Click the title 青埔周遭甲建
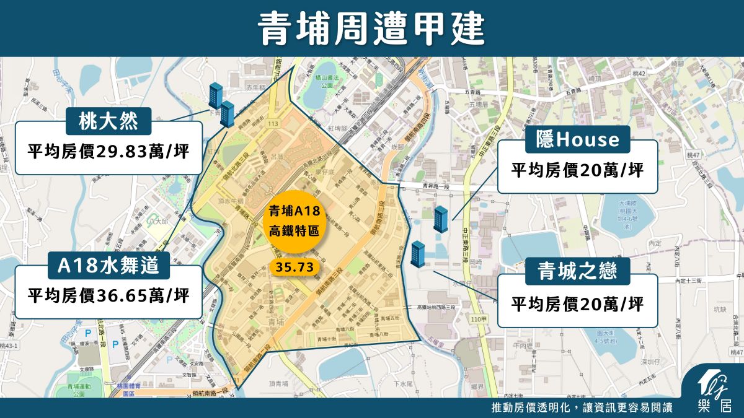[371, 28]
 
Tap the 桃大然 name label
[109, 122]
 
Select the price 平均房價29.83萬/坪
[109, 152]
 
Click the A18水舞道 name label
[109, 266]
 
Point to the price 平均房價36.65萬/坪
[109, 296]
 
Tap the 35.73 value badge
[294, 267]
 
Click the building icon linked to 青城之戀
[418, 255]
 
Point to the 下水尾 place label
[404, 384]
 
